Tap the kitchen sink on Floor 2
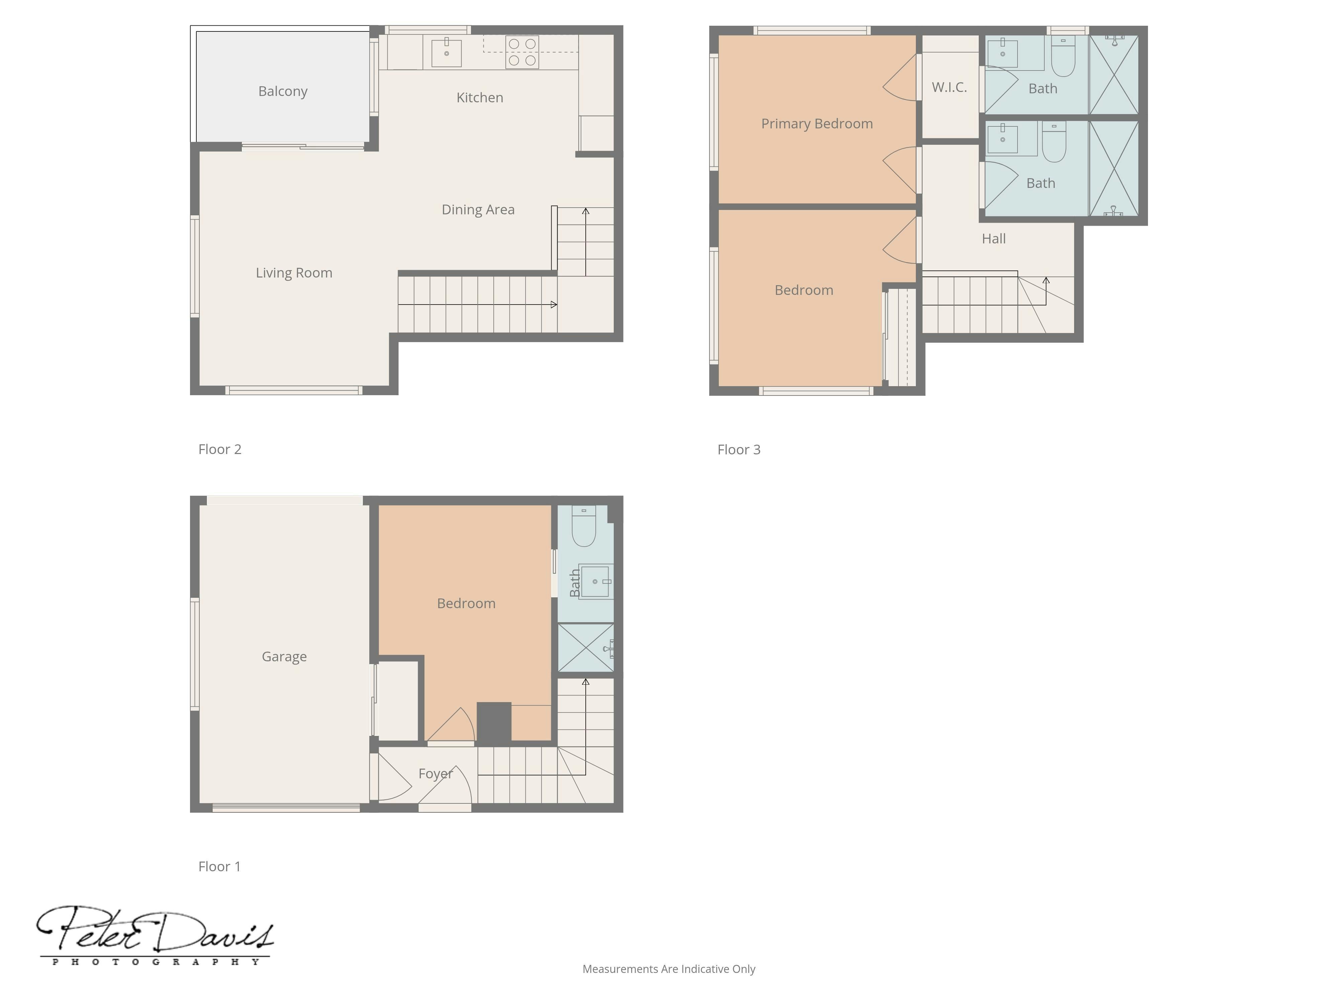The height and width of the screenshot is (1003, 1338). (x=447, y=52)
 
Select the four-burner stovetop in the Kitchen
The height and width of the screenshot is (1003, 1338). (x=522, y=52)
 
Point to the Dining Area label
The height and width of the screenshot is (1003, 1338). (x=478, y=210)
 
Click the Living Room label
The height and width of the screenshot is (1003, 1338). (x=294, y=273)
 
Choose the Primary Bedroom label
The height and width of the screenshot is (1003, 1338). (x=817, y=124)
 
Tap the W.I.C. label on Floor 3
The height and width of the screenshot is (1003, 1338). (x=949, y=87)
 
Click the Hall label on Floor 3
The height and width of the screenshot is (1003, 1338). (x=994, y=239)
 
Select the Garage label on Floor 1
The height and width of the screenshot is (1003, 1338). (x=284, y=657)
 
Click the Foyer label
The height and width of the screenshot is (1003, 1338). (x=436, y=774)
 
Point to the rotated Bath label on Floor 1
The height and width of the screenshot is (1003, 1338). (x=575, y=583)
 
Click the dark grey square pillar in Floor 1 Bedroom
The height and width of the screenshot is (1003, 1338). (x=494, y=722)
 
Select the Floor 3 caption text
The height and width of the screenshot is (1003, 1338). (x=739, y=450)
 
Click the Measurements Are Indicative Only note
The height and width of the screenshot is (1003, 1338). (x=668, y=969)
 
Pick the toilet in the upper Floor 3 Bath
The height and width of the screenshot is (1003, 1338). (x=1063, y=56)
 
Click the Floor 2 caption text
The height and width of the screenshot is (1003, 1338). (x=219, y=449)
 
